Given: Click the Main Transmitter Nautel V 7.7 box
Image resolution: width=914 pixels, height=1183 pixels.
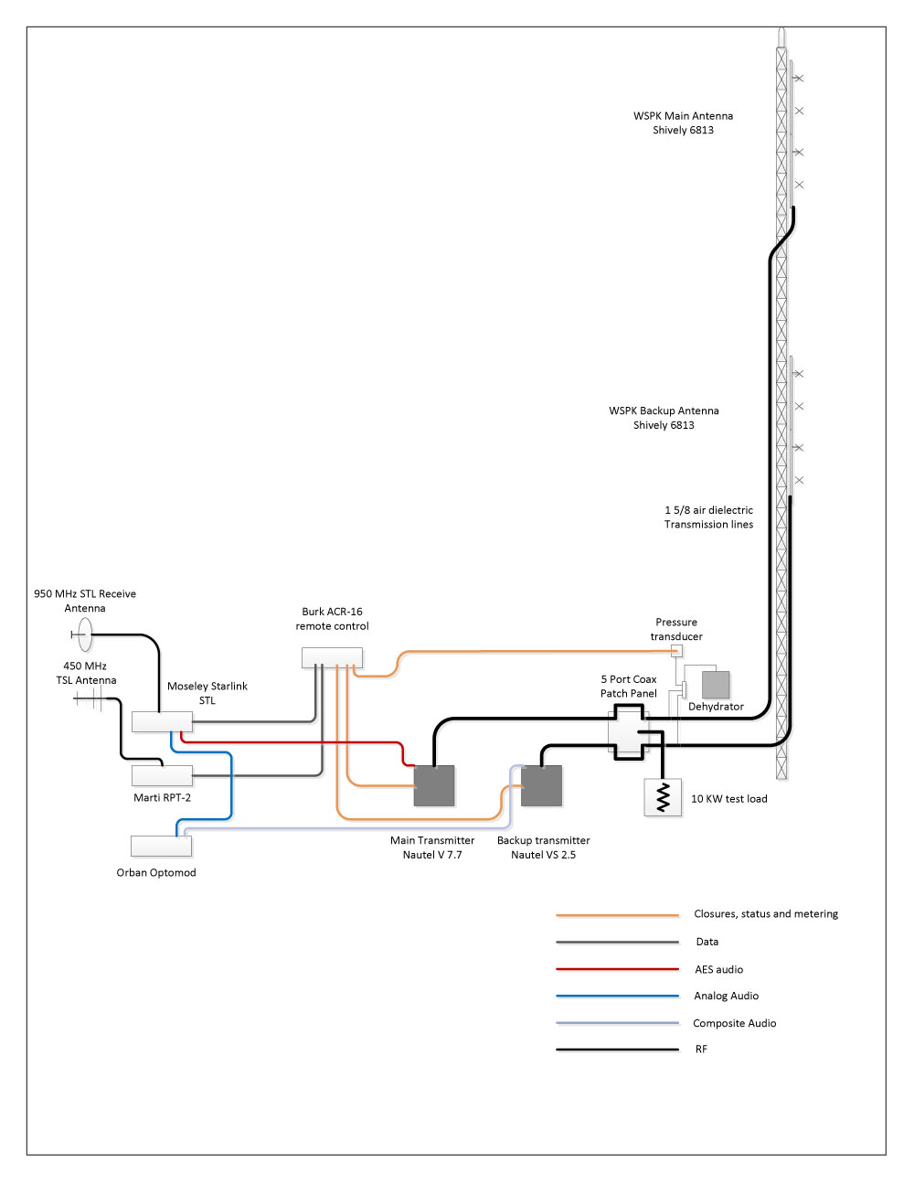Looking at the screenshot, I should [434, 786].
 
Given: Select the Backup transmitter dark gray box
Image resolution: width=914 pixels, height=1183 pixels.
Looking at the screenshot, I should [542, 786].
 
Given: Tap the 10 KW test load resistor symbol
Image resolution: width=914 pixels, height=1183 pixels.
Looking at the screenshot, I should [664, 797].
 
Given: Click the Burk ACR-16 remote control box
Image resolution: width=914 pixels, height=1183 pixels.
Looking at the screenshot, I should [332, 657].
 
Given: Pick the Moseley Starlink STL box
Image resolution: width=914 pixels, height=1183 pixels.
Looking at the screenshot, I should [162, 721].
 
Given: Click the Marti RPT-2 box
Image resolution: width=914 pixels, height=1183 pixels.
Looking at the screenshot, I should [162, 775].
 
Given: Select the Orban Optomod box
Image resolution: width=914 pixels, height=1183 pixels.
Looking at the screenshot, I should [161, 846].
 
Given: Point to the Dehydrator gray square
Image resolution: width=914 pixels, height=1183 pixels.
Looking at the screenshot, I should [716, 685].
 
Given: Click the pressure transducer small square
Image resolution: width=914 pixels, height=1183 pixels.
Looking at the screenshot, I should [676, 651].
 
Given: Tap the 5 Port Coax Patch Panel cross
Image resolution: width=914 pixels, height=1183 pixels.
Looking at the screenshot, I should [629, 731].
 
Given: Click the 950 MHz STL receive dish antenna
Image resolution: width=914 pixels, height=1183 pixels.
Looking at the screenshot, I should [83, 633].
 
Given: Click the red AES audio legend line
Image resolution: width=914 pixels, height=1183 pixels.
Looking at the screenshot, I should [617, 969].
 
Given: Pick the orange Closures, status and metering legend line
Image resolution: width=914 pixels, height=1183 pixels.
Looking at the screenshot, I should [617, 914].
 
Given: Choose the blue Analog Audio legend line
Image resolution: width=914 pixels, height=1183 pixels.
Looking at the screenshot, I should [617, 996].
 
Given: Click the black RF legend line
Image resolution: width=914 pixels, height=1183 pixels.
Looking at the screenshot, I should [617, 1050].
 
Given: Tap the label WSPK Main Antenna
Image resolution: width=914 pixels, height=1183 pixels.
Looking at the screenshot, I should [683, 116].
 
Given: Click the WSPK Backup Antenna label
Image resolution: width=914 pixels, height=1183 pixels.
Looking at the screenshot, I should [664, 411].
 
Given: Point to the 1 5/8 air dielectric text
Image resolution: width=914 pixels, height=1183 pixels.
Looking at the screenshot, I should [708, 510].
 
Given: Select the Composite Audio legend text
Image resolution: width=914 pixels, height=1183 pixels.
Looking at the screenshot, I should [734, 1023].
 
